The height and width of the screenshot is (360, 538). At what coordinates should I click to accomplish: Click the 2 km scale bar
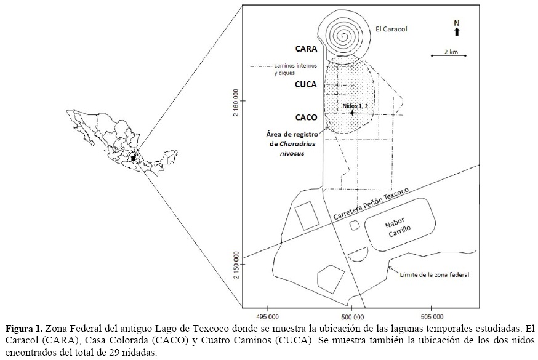pyautogui.click(x=449, y=56)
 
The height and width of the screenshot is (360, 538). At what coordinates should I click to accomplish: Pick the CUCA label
pyautogui.click(x=306, y=86)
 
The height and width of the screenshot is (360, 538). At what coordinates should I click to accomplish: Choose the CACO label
pyautogui.click(x=306, y=117)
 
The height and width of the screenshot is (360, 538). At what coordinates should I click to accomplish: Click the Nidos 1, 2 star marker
pyautogui.click(x=351, y=113)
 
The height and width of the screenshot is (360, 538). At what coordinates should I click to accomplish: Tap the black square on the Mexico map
pyautogui.click(x=134, y=158)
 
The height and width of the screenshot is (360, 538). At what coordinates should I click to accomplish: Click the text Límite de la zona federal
pyautogui.click(x=434, y=275)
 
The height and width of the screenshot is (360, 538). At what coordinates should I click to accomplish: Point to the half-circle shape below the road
pyautogui.click(x=358, y=254)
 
